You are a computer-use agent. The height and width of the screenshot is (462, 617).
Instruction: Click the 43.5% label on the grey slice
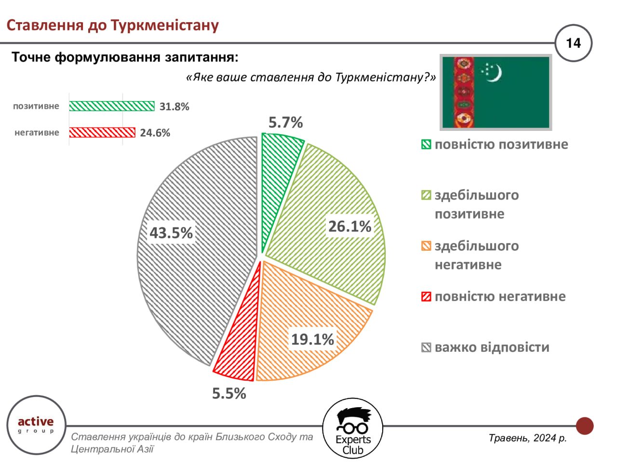(171, 232)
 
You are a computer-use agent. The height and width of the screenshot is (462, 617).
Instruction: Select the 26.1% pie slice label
(349, 226)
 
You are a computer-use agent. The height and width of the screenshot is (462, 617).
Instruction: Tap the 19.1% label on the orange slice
(312, 339)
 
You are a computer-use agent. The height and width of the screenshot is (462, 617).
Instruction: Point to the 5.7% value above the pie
(285, 122)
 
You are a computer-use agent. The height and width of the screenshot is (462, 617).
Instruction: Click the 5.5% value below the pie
(229, 393)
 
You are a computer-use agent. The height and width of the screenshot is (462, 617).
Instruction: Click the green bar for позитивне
(112, 106)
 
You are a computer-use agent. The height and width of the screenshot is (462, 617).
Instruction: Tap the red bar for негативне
(102, 132)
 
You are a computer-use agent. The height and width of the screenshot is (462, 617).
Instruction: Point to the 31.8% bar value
(174, 106)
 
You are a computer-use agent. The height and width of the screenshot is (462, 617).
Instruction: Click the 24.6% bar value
(155, 133)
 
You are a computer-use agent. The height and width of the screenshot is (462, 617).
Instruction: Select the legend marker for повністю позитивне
(426, 144)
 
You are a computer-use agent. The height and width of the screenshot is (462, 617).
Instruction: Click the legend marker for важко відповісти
(426, 347)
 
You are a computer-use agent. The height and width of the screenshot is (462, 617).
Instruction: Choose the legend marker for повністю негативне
(426, 297)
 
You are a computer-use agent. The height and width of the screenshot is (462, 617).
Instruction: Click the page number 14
(574, 43)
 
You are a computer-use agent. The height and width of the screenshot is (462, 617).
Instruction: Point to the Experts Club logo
(353, 428)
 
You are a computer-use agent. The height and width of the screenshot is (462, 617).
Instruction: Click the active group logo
(36, 424)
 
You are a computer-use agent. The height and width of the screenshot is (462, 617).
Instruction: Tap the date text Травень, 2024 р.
(528, 438)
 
